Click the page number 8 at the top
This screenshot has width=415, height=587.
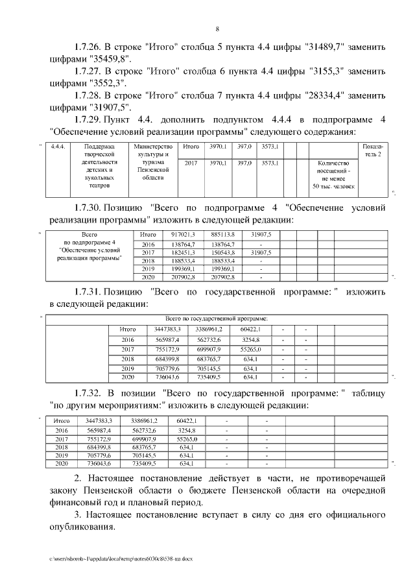coord(218,29)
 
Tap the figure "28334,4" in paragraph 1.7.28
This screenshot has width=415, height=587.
coord(326,95)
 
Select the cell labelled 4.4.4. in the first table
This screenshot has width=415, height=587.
coord(58,147)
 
